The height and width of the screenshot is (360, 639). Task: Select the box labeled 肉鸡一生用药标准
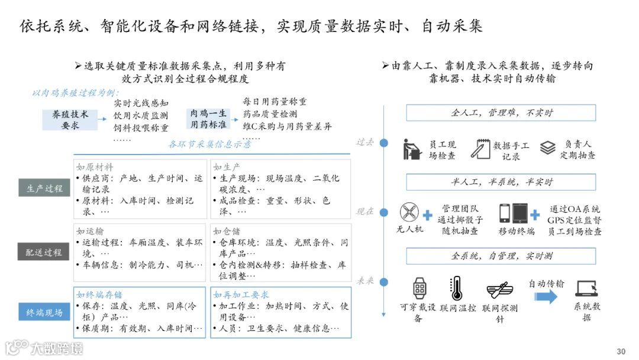point(208,120)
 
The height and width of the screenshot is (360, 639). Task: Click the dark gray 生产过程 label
point(44,188)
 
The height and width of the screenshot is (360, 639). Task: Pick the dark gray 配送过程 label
point(44,252)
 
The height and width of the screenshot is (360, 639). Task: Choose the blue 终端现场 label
point(44,312)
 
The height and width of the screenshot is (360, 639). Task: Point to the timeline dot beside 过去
point(384,143)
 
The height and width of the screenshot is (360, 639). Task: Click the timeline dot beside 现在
point(384,211)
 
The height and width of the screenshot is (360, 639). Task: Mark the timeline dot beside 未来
point(384,281)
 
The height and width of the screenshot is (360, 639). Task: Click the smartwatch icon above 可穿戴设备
point(419,288)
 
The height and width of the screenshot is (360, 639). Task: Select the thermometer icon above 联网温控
point(456,288)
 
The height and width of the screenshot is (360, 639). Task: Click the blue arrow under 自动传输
point(546,297)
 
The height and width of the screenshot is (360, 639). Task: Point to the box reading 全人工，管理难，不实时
point(501,112)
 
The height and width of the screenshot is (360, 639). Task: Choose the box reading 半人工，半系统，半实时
point(501,182)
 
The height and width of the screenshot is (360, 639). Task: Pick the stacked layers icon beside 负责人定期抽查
point(548,147)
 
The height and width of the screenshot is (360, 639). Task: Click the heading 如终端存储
point(100,295)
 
